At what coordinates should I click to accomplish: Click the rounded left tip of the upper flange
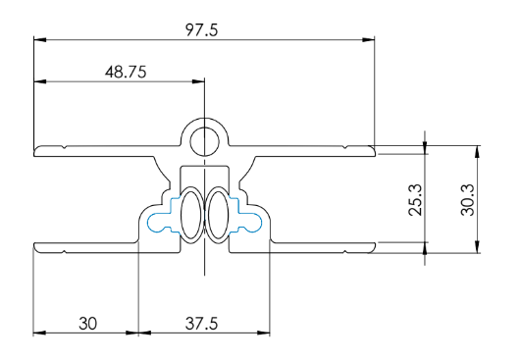pos(36,150)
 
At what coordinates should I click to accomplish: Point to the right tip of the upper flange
pos(373,150)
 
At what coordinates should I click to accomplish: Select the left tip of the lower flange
pos(36,246)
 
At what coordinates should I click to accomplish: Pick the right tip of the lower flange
pos(373,246)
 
